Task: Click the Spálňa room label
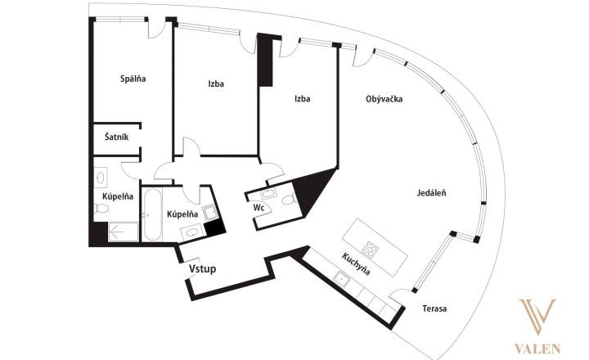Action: click(x=133, y=79)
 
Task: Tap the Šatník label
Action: click(x=116, y=137)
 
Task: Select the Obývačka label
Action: click(x=384, y=99)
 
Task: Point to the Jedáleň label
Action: click(x=432, y=193)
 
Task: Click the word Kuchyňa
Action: click(x=356, y=263)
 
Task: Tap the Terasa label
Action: click(x=434, y=309)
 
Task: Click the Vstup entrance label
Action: click(x=203, y=269)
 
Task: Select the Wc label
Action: click(x=259, y=208)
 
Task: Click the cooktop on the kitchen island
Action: click(x=370, y=250)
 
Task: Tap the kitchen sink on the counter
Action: click(x=342, y=279)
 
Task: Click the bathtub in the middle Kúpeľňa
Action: click(x=152, y=214)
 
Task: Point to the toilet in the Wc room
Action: click(x=289, y=199)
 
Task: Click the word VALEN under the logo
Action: click(x=537, y=349)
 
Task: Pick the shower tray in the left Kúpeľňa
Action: click(x=124, y=232)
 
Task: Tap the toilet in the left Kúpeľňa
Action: click(x=101, y=208)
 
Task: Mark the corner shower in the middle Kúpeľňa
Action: click(x=210, y=212)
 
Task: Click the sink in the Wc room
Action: click(x=268, y=194)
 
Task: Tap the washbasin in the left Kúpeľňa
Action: click(x=101, y=178)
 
